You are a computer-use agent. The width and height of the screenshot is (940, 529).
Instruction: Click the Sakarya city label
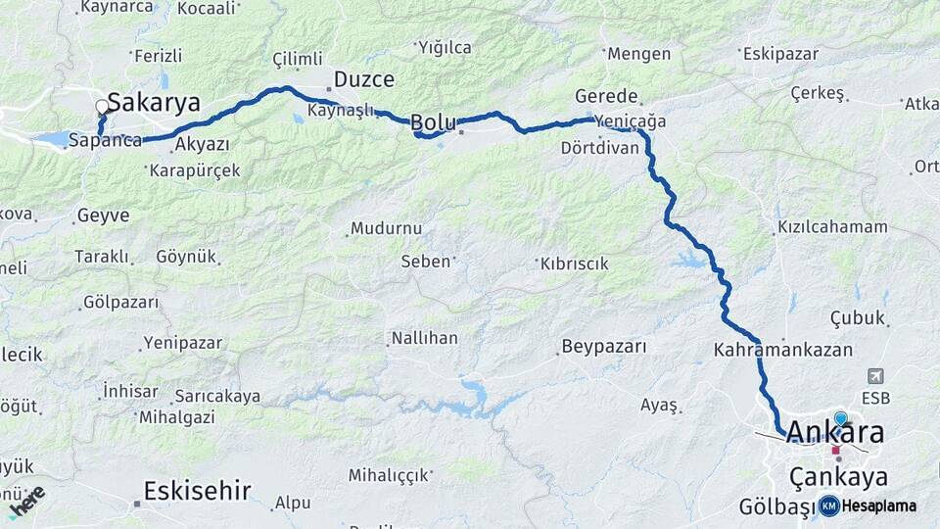(154, 102)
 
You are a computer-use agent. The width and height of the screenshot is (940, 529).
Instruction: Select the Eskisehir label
(197, 490)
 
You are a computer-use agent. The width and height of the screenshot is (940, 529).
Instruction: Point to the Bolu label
(433, 122)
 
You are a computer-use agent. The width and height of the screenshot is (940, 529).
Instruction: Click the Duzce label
(363, 79)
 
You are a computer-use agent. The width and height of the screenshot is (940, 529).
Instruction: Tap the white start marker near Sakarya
(102, 106)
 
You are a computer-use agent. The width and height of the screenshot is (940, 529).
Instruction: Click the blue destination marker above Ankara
(840, 418)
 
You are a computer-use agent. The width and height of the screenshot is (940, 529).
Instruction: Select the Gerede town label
(606, 97)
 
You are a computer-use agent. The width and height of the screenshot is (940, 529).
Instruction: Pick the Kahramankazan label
(783, 349)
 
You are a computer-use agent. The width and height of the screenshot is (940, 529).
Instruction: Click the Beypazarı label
(604, 347)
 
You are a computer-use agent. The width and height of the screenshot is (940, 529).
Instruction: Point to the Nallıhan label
(424, 338)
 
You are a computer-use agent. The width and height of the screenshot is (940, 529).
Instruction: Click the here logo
(26, 501)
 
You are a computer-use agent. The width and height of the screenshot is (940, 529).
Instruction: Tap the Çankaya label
(838, 477)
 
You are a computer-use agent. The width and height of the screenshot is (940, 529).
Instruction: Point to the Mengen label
(638, 54)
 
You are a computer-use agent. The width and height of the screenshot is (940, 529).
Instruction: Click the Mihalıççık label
(389, 475)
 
